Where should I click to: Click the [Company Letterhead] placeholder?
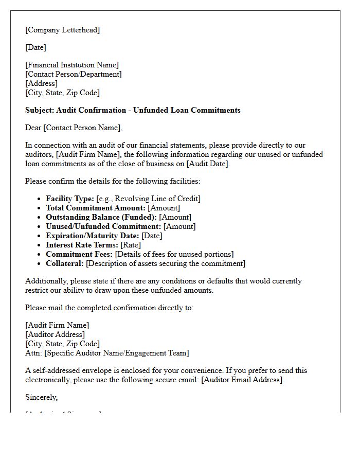[62, 30]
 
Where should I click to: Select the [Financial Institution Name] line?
[72, 65]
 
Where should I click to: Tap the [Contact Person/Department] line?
[74, 74]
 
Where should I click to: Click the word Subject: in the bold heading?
[40, 110]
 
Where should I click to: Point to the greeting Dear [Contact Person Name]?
[74, 128]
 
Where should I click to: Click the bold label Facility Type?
[70, 199]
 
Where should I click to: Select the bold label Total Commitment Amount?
[96, 208]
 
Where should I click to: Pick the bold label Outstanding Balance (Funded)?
[101, 217]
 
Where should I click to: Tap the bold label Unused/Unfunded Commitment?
[103, 226]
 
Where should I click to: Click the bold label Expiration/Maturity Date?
[93, 236]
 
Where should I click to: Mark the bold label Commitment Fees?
[79, 254]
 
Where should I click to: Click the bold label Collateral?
[65, 263]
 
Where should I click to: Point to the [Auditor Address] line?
[55, 334]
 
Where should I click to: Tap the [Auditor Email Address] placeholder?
[242, 380]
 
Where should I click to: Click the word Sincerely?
[42, 397]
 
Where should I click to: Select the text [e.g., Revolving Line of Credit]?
[148, 199]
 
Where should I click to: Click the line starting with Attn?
[107, 353]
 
